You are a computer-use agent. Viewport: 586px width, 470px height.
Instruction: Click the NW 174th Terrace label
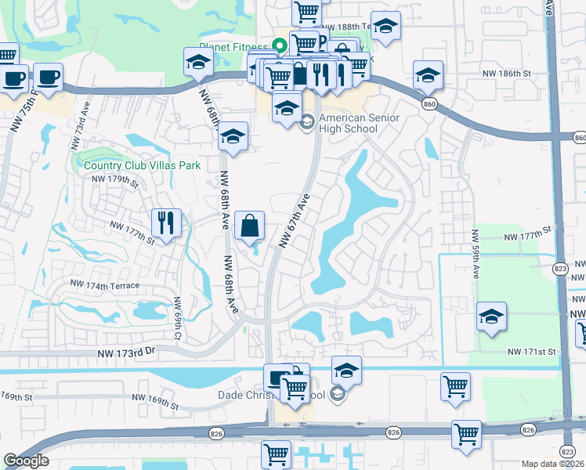(104, 284)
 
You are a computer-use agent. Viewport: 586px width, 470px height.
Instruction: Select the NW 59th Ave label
(475, 255)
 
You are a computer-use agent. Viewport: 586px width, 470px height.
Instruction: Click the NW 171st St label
(531, 353)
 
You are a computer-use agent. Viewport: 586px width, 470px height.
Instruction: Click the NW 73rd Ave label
(80, 126)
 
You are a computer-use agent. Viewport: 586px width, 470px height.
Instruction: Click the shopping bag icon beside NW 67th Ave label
(250, 226)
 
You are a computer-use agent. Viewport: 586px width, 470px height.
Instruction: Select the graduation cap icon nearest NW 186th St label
(428, 75)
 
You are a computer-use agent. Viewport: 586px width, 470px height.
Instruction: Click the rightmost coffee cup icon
(49, 77)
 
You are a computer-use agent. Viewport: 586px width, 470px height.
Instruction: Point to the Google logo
(26, 461)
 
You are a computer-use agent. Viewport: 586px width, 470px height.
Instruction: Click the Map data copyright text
(554, 464)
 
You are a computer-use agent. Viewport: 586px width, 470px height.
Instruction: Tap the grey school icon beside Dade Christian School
(338, 394)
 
